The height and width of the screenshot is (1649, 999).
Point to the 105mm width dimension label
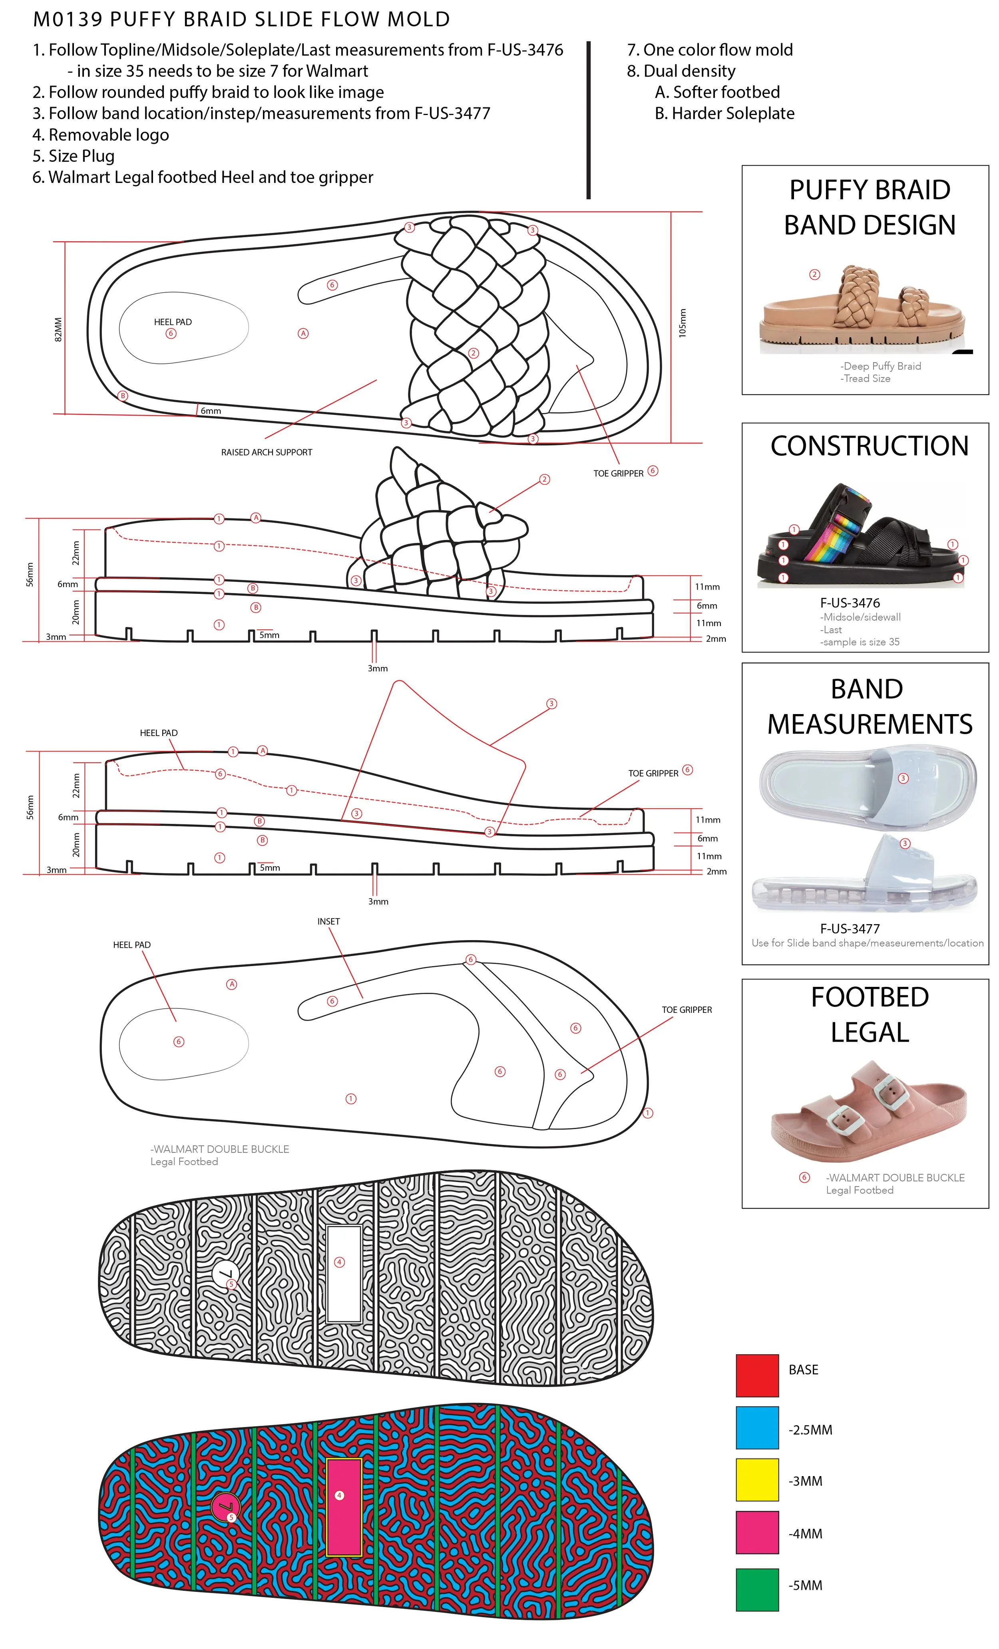tap(682, 323)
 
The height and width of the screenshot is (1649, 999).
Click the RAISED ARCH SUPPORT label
tap(267, 452)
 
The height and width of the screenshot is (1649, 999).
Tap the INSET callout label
tap(328, 921)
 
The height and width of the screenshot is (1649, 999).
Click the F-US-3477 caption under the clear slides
tap(850, 928)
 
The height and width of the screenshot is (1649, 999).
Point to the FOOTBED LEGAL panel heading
tap(869, 1014)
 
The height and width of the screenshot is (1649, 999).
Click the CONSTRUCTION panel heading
tap(869, 446)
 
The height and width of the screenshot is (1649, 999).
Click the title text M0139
tap(68, 20)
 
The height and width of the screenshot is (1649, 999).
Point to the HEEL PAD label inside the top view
tap(173, 322)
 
